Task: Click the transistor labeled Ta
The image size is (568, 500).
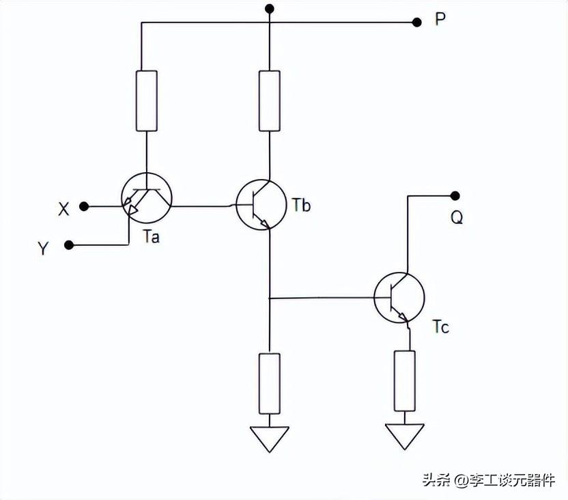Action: [x=146, y=199]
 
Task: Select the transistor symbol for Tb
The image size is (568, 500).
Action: [x=261, y=204]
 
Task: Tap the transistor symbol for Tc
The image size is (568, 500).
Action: [x=399, y=297]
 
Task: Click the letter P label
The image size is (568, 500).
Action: [x=440, y=19]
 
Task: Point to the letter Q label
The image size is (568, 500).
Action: [x=457, y=217]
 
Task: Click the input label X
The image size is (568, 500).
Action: [x=63, y=209]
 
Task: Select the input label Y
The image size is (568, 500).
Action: [x=43, y=249]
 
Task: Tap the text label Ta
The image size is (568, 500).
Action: [x=152, y=237]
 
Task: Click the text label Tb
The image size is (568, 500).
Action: [x=300, y=204]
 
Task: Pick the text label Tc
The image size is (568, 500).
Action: [x=441, y=327]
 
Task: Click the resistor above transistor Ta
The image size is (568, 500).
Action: [x=146, y=100]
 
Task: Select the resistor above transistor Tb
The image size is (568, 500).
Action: [x=270, y=100]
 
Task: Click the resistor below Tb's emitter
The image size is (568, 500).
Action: [x=270, y=383]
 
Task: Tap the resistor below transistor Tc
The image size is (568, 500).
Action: [x=404, y=380]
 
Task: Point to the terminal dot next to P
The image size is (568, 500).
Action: [x=417, y=22]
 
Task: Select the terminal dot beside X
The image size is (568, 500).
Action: [x=83, y=205]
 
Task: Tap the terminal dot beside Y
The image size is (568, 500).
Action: [x=68, y=244]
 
